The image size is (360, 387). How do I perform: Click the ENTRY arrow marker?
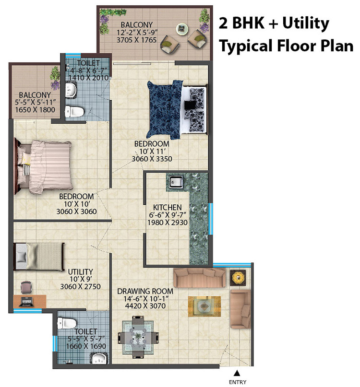tap(236, 373)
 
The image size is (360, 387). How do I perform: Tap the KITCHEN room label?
tap(168, 207)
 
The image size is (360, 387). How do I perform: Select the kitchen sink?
tap(175, 182)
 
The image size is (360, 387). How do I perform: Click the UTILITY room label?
tap(80, 271)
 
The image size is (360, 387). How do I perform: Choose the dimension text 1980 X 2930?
tap(168, 223)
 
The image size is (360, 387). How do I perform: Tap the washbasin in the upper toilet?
tap(71, 89)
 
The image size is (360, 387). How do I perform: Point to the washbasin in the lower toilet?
tap(100, 359)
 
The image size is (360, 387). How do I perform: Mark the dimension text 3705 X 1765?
tap(136, 41)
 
